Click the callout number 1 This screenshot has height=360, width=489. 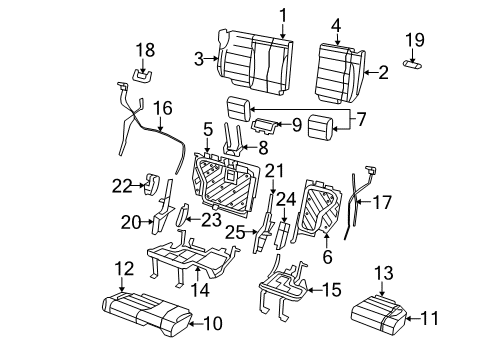click(282, 14)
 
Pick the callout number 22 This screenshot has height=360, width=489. click(122, 183)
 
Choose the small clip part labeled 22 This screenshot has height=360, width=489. click(153, 183)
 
